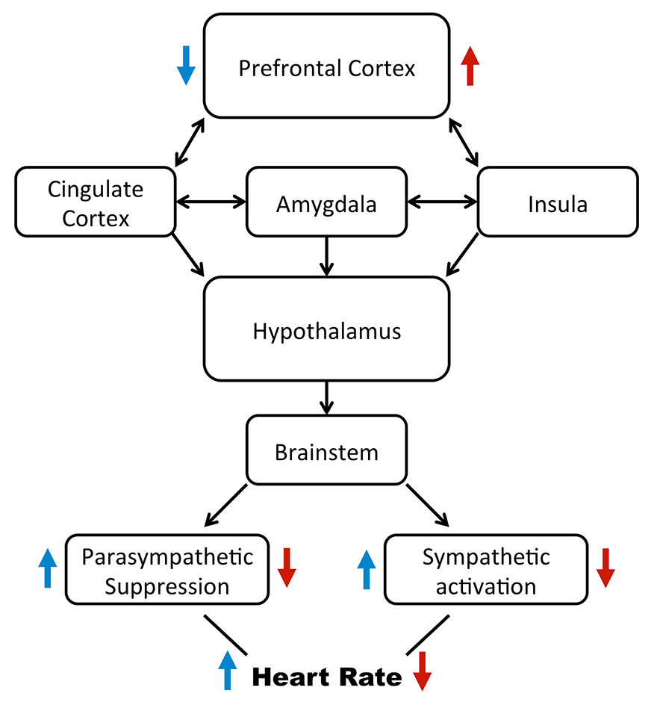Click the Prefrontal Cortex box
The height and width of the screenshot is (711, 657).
[x=327, y=67]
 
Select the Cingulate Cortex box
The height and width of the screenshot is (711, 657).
[x=96, y=202]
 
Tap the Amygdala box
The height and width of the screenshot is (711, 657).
[x=326, y=202]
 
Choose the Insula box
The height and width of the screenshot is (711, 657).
[x=557, y=202]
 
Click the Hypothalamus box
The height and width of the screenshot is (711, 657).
[x=327, y=329]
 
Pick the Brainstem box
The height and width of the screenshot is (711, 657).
[x=326, y=450]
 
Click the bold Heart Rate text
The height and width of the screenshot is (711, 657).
[x=327, y=677]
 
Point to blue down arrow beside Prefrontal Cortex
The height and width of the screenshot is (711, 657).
[x=185, y=65]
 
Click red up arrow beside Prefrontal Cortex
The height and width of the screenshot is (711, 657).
[x=470, y=65]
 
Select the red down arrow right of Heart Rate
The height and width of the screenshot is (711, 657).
[x=422, y=671]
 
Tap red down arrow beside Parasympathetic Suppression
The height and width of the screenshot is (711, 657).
[x=287, y=568]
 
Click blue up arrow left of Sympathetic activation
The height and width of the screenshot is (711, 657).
[x=366, y=568]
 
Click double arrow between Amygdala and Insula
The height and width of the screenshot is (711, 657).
[x=442, y=201]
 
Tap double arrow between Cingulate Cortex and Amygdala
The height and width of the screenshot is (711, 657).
[x=211, y=201]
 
